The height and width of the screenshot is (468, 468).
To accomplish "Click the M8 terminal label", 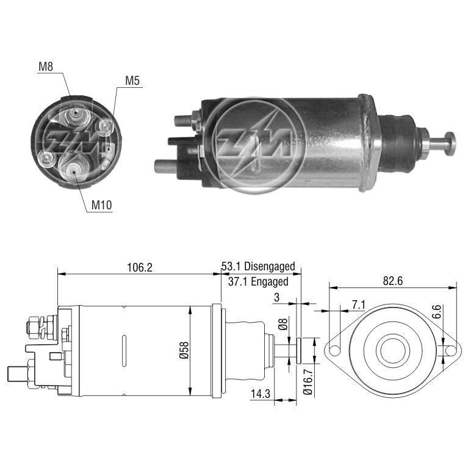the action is [46, 67].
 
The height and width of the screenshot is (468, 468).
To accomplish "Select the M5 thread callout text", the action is [132, 81].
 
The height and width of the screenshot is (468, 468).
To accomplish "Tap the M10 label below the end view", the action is [101, 205].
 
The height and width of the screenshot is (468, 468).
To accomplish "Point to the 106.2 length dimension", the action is [140, 267].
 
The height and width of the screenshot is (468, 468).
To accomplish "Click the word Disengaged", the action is [270, 266].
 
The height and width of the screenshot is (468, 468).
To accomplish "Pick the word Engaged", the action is [270, 281].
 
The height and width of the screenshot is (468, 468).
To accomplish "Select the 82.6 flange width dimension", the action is [393, 281].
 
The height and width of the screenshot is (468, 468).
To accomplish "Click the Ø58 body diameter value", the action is [184, 350].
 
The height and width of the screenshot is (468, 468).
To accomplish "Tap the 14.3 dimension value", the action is [261, 394].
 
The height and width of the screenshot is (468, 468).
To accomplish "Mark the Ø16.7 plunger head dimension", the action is [308, 382].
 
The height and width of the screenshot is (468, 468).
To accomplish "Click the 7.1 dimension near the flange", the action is [358, 304].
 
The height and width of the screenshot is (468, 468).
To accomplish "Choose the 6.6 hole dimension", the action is [436, 312].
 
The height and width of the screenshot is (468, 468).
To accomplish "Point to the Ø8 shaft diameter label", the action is [283, 324].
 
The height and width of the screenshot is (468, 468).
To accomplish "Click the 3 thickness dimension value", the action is [276, 297].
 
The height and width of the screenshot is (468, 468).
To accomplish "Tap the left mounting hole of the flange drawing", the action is [334, 351].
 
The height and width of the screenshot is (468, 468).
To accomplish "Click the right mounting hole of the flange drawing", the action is [451, 351].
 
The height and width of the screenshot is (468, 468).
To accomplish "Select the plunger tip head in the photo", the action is [449, 143].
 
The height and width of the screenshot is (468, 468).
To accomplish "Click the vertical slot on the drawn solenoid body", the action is [124, 351].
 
